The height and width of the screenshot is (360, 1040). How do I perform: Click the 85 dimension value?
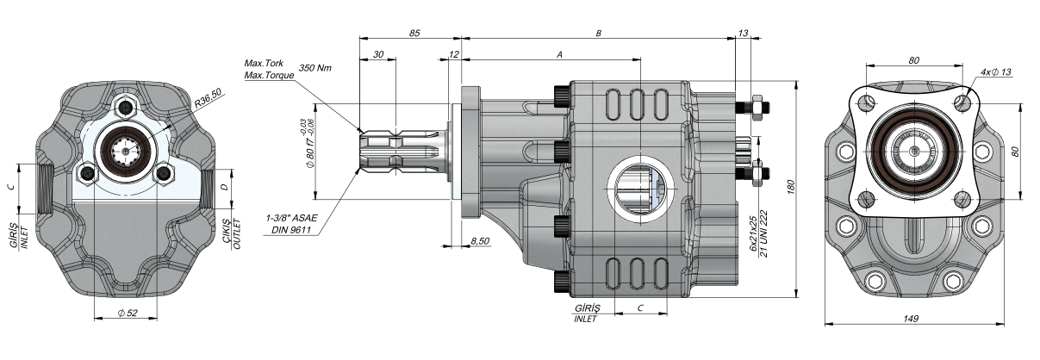coord(414,34)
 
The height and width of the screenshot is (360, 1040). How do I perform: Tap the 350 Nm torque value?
coord(314,67)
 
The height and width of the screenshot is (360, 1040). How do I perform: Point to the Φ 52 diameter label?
coord(128,313)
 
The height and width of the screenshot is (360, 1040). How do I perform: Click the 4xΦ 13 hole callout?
coord(995,71)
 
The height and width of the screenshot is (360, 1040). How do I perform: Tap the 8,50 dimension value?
coord(480,240)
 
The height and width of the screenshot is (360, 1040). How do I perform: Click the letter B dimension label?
coord(598,34)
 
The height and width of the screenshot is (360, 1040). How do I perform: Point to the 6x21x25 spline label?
coord(752,233)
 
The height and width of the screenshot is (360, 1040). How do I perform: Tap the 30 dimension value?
coord(378,54)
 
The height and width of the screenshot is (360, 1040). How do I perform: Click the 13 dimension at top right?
coord(743,34)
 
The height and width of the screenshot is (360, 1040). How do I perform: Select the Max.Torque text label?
coord(270,75)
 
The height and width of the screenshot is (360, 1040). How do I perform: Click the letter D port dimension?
coord(225,186)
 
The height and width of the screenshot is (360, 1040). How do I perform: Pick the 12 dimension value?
coord(453,54)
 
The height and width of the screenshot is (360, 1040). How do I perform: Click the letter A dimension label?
coord(559,54)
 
